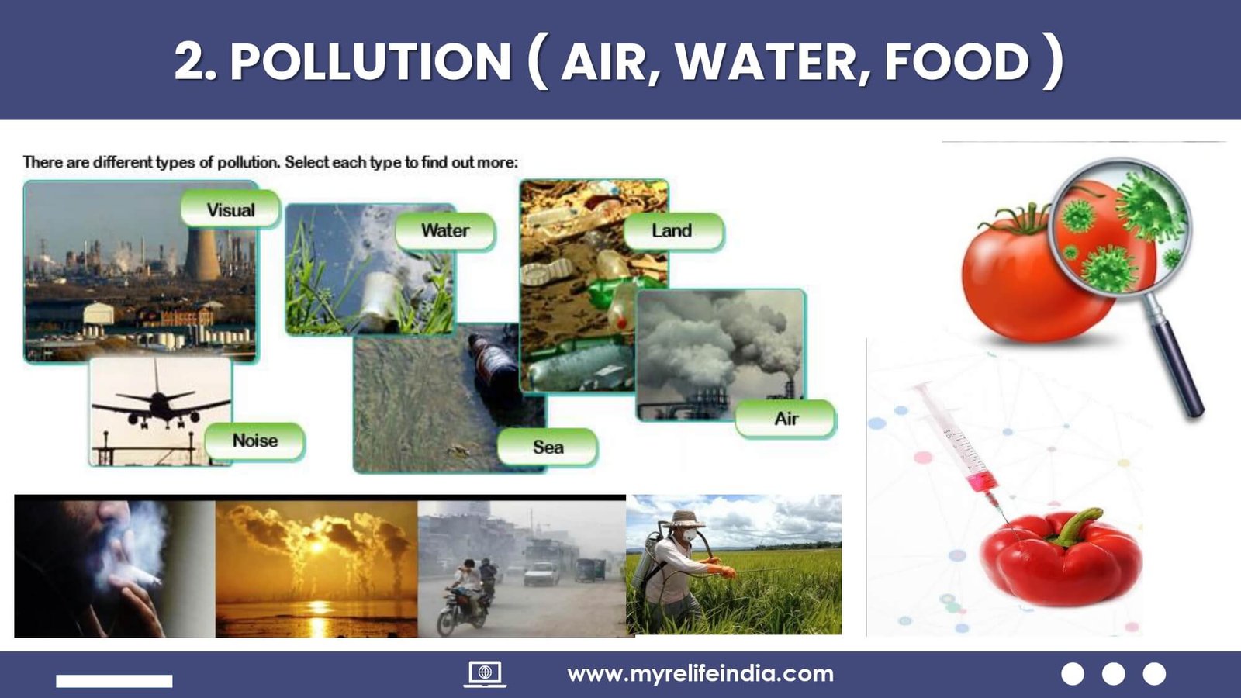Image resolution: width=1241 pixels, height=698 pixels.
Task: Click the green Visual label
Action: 230,209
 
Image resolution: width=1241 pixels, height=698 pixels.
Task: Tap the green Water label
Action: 445,231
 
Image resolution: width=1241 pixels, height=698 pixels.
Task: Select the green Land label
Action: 673,231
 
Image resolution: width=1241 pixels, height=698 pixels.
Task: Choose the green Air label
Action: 786,418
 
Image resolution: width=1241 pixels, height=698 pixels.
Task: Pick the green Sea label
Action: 548,447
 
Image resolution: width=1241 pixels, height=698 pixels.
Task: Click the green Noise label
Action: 255,441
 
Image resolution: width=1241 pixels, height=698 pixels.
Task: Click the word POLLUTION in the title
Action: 371,61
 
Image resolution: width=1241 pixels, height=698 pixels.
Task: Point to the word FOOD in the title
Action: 957,61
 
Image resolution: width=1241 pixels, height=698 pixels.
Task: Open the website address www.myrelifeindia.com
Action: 700,674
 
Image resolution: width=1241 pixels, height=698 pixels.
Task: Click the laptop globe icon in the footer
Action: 485,674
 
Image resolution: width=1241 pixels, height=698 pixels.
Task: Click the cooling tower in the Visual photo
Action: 202,255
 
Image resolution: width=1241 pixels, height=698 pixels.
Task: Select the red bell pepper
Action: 1061,557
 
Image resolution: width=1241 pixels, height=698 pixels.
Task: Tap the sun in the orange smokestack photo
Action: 316,547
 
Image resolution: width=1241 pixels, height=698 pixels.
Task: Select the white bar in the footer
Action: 114,681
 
